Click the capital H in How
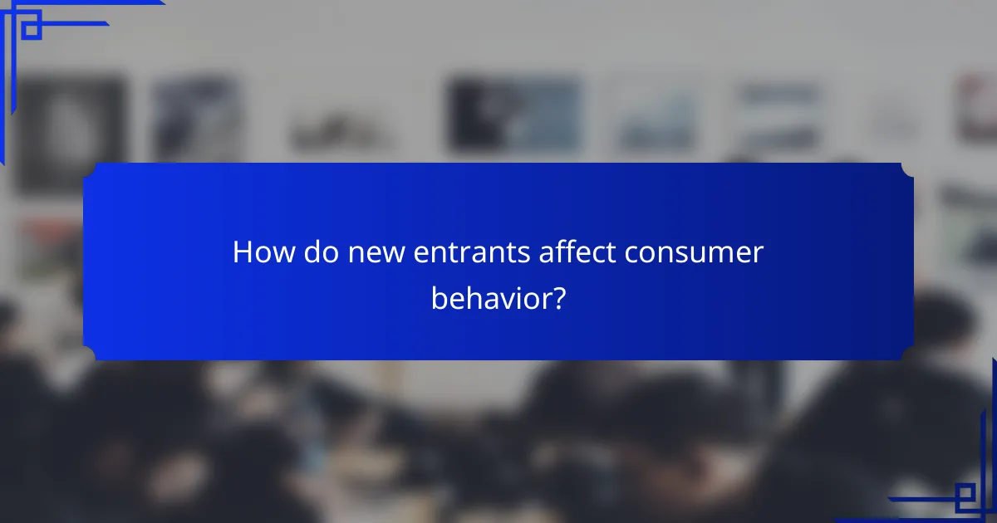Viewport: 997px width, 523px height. pyautogui.click(x=242, y=252)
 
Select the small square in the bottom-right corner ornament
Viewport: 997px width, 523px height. pyautogui.click(x=965, y=496)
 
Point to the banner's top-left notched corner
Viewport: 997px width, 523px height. pyautogui.click(x=91, y=170)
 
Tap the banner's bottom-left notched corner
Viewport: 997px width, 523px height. pyautogui.click(x=91, y=353)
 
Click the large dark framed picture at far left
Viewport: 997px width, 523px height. pyautogui.click(x=71, y=133)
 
